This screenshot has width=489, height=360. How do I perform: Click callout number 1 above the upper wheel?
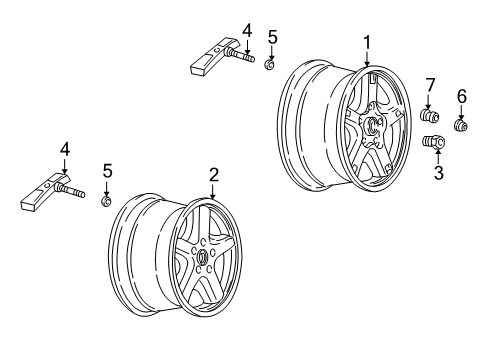[367, 41]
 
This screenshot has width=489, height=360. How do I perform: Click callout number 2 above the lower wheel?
[213, 174]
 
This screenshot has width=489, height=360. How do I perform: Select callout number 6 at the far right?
[461, 95]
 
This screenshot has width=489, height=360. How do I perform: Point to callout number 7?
[431, 83]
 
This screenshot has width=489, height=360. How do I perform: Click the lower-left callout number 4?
[65, 149]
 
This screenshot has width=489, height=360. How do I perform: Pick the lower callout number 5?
[106, 171]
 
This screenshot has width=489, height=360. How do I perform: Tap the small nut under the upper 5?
[269, 66]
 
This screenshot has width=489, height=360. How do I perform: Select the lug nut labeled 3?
[435, 144]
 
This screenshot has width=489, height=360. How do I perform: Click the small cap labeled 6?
[462, 127]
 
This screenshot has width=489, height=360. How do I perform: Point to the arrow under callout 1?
[367, 61]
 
